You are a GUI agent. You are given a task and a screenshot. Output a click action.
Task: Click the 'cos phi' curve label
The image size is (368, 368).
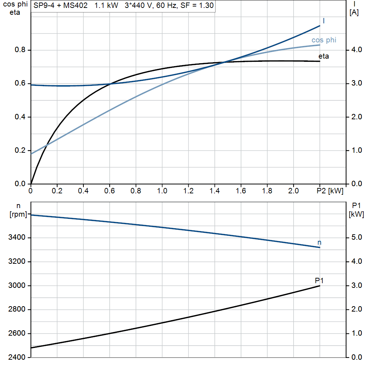point(324,40)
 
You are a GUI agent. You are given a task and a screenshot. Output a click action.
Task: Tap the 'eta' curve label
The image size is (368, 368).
point(323,56)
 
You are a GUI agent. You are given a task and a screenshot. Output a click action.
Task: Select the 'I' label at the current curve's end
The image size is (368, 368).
point(324,21)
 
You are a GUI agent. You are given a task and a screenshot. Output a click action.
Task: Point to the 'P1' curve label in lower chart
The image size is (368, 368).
point(319,280)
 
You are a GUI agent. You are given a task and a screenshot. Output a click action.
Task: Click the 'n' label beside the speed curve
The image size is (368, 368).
point(319,243)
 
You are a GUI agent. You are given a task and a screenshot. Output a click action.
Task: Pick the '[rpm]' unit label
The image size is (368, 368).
point(19,215)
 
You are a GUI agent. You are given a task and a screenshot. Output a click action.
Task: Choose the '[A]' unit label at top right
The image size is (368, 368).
point(354,13)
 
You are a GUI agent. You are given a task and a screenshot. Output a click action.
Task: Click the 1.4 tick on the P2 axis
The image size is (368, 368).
point(215,191)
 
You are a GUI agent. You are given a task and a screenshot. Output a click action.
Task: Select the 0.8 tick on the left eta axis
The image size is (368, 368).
point(20,50)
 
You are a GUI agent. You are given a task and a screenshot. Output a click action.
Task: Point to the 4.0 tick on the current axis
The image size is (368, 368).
point(355,50)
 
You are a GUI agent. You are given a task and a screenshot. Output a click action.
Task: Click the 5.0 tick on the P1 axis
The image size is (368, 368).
point(355,238)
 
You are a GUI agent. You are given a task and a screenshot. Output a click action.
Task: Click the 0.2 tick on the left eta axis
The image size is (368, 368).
point(20,151)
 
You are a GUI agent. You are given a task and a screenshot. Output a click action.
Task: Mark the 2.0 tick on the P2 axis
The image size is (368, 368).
point(294,191)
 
